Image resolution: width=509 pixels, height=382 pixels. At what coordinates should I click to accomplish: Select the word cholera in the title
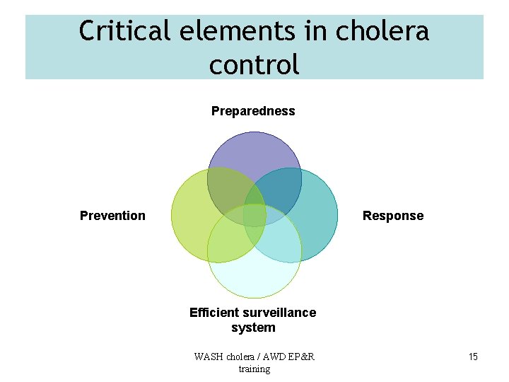382,31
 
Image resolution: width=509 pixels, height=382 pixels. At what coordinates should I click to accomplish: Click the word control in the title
255,64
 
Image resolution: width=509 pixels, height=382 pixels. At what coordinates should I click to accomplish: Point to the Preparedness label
253,111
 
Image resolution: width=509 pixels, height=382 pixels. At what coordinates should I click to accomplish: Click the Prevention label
112,216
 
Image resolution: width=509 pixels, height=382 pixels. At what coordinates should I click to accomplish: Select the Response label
393,216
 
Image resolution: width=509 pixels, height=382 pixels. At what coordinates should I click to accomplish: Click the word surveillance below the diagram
279,313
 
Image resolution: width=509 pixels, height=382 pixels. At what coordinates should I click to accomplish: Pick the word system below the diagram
253,328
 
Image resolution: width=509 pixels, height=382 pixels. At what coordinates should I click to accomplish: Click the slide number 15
473,357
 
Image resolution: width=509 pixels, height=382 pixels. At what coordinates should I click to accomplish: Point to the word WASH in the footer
209,357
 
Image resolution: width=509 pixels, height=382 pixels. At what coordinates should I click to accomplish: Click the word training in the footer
255,369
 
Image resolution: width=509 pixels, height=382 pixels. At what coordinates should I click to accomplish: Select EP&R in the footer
301,357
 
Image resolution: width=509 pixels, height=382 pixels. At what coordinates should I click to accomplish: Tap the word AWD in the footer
270,357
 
